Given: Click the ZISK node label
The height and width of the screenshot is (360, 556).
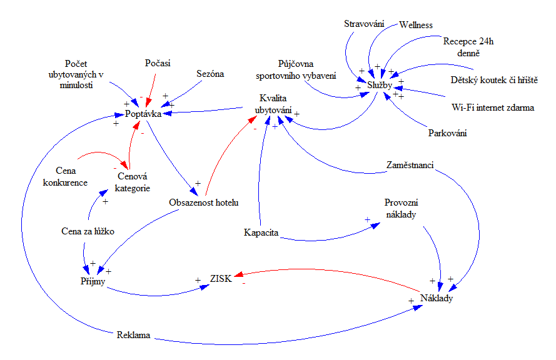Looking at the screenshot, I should [x=221, y=279].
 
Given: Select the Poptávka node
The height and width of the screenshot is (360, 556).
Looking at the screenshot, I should [x=143, y=114].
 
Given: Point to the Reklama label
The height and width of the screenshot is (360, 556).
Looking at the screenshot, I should [x=133, y=335].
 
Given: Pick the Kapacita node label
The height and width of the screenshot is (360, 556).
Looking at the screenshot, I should [x=261, y=234].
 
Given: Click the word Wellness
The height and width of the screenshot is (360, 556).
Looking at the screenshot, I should [x=416, y=25].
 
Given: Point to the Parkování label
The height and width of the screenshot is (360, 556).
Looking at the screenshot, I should [x=448, y=133].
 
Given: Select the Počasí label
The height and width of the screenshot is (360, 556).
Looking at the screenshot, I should [x=158, y=63].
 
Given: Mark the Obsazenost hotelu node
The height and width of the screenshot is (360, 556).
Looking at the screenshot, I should [x=205, y=202].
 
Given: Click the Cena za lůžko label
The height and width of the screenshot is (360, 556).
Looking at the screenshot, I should [x=88, y=231].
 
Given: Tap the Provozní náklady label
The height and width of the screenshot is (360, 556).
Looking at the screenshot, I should [x=401, y=209].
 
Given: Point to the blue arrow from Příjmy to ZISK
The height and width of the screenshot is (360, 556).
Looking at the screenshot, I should [x=150, y=292].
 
